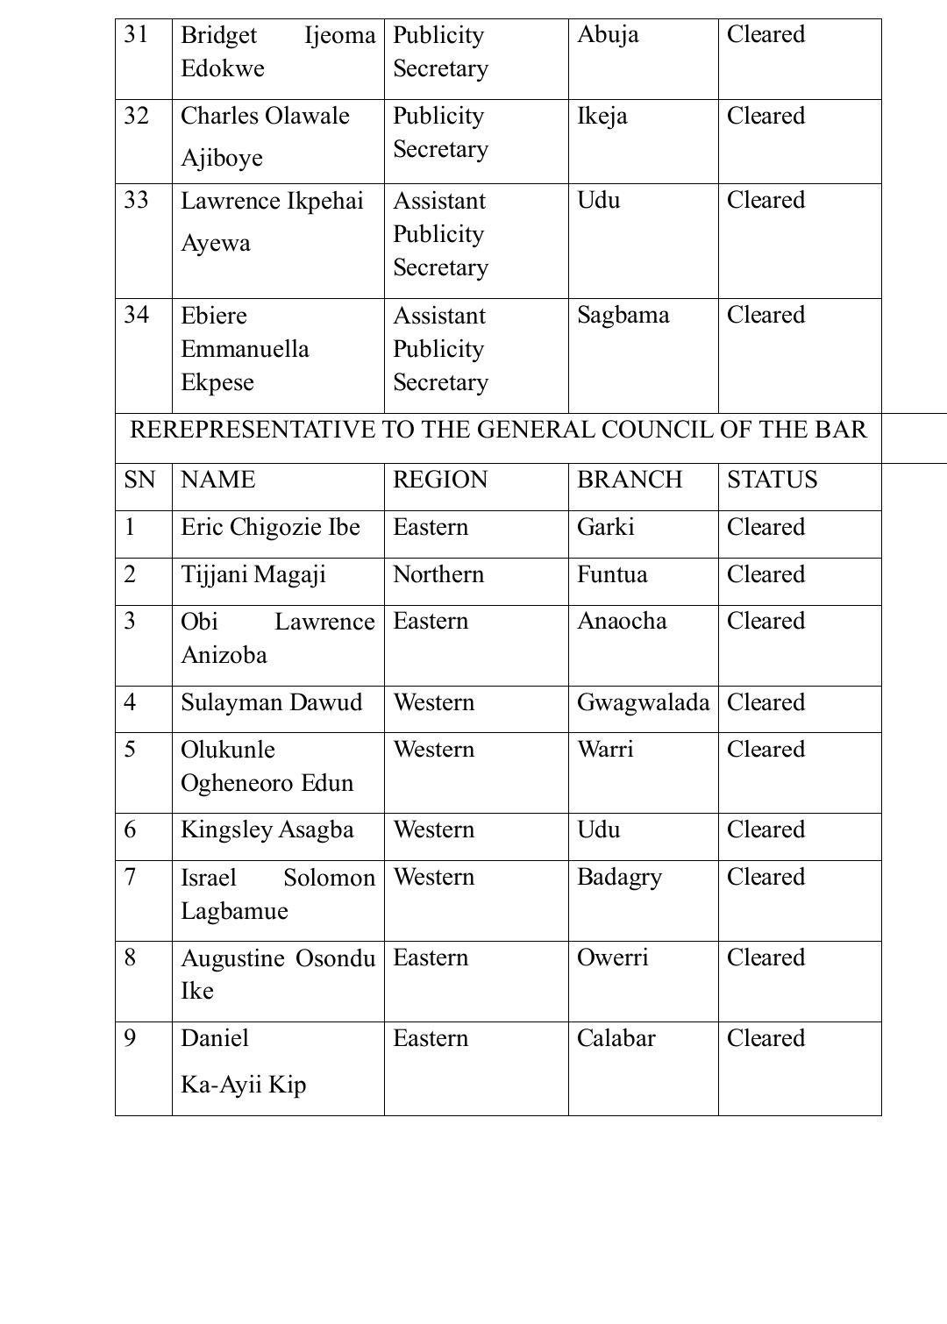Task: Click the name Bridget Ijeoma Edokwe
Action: [x=277, y=52]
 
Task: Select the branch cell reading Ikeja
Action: [x=602, y=116]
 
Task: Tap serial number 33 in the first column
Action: [x=137, y=200]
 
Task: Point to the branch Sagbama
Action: [x=623, y=315]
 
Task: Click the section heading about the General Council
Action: [x=498, y=430]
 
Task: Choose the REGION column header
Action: [x=440, y=480]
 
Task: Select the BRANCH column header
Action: [x=630, y=480]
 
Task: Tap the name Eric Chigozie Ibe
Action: [x=270, y=527]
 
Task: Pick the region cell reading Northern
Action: [x=438, y=574]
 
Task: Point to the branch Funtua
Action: [x=612, y=574]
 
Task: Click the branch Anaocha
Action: [x=622, y=622]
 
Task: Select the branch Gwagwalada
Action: [x=643, y=702]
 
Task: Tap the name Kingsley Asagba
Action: [x=267, y=829]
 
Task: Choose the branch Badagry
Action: [x=619, y=877]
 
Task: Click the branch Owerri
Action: [x=613, y=957]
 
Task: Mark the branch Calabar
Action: [x=616, y=1038]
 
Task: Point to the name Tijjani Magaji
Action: [x=253, y=574]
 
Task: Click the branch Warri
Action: [x=605, y=750]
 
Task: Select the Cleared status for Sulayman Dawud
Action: [x=765, y=702]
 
